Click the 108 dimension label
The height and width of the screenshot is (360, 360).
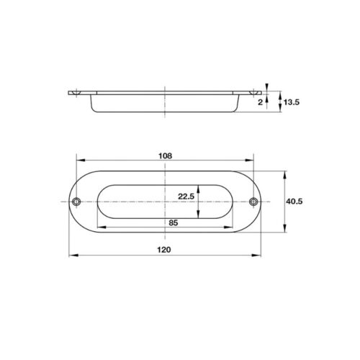click(166, 156)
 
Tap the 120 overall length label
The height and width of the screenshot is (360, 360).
click(164, 250)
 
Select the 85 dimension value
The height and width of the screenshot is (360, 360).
click(174, 223)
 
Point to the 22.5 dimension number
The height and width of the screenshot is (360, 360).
click(186, 197)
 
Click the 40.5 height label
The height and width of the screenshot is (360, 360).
click(294, 202)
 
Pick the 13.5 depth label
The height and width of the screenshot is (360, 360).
click(292, 102)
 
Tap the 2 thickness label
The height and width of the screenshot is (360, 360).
click(260, 102)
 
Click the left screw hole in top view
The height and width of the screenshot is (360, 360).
click(76, 202)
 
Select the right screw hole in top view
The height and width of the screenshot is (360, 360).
click(253, 202)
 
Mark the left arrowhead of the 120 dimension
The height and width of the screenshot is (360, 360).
click(73, 256)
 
